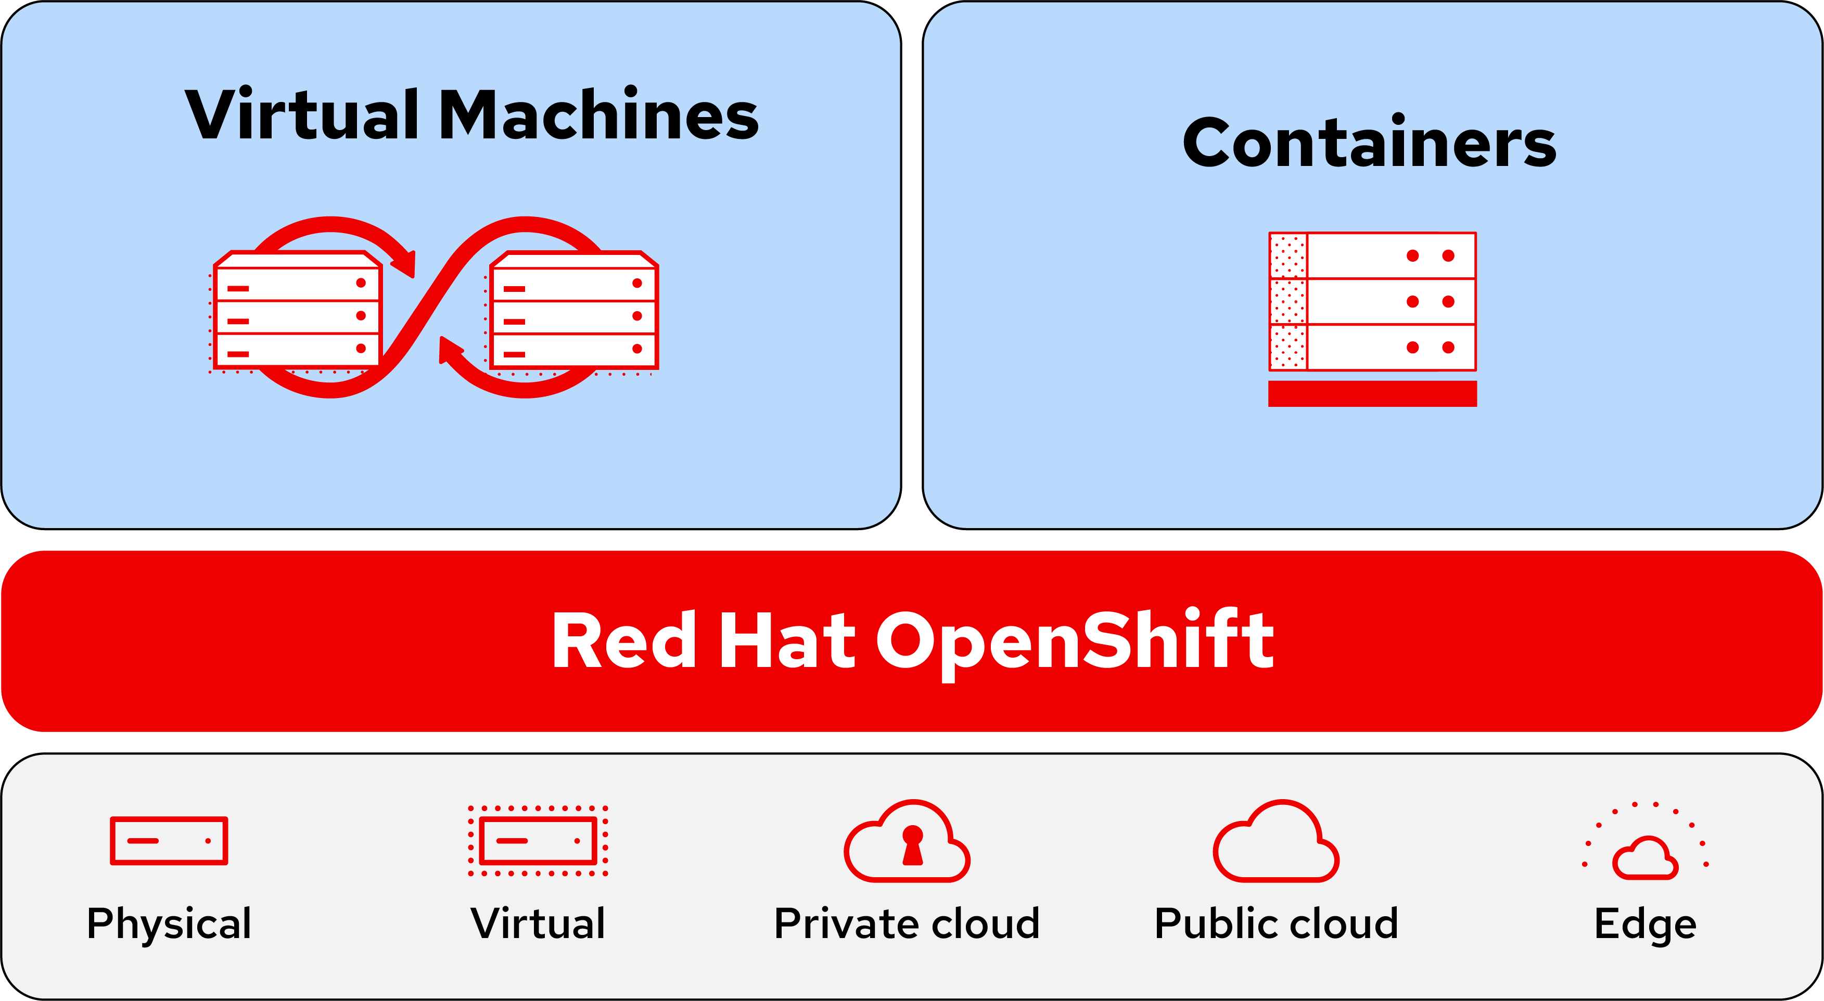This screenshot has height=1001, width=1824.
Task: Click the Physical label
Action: tap(169, 924)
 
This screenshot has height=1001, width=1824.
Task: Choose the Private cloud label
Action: tap(907, 924)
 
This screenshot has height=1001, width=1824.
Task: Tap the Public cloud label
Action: tap(1277, 924)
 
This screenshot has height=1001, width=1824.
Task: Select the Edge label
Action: tap(1646, 924)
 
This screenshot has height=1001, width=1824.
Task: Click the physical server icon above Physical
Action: tap(169, 840)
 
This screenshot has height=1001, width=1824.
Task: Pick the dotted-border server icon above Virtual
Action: tap(538, 840)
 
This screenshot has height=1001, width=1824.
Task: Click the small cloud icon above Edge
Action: tap(1646, 859)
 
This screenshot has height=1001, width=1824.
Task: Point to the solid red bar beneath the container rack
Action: tap(1372, 394)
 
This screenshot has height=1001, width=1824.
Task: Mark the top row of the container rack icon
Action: tap(1372, 255)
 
